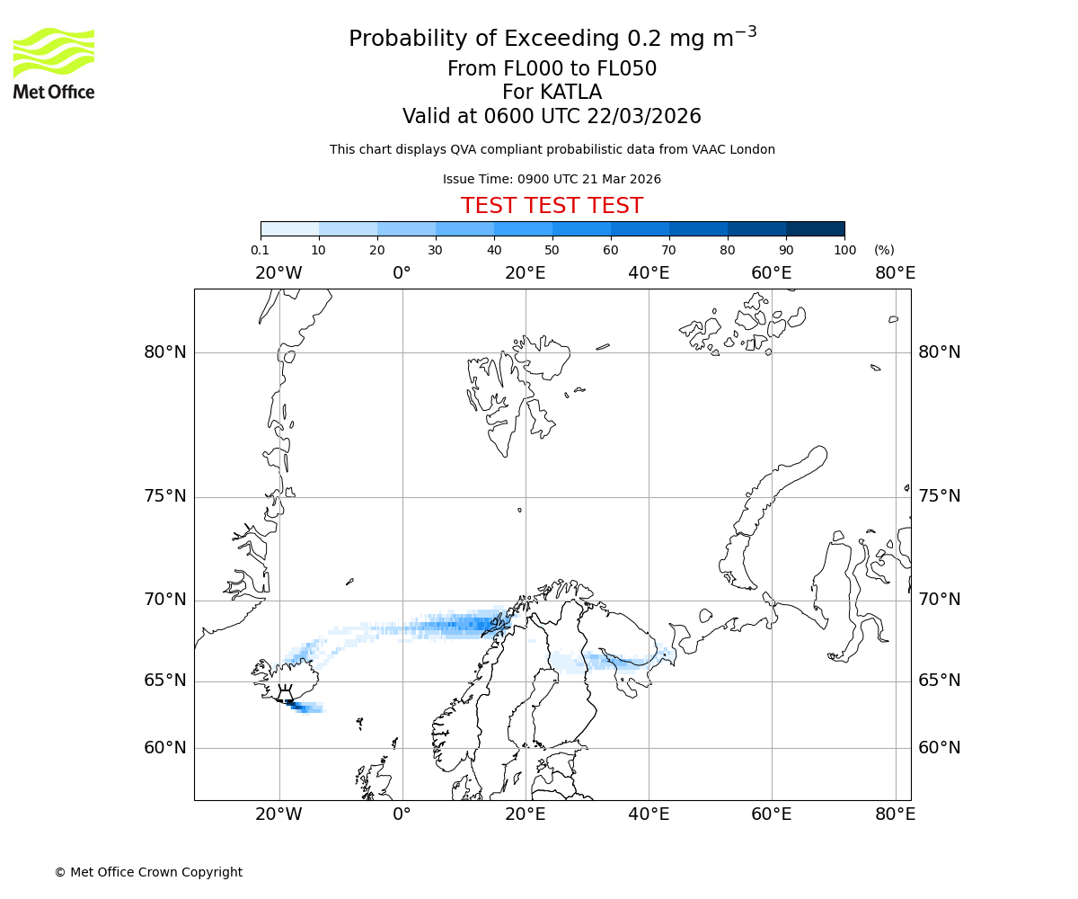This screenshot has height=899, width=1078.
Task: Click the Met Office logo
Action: [x=54, y=63]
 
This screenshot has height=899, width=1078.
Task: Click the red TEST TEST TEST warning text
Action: [x=552, y=206]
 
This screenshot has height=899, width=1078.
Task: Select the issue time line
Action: [x=552, y=180]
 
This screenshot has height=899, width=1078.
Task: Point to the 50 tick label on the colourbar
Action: [x=552, y=250]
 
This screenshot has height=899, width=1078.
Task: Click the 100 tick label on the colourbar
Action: [x=844, y=250]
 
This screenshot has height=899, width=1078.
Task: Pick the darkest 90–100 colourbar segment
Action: [x=815, y=228]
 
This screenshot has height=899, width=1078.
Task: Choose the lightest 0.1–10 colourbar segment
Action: [x=289, y=228]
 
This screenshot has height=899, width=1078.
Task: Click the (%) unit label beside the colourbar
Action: [x=884, y=250]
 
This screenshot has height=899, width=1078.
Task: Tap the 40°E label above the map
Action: [x=649, y=273]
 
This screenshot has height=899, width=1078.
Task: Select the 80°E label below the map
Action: [x=895, y=814]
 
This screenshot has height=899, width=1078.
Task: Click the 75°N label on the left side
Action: [x=165, y=496]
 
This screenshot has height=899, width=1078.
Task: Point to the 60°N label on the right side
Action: [x=939, y=747]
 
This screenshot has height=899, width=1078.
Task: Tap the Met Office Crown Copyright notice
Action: [x=148, y=872]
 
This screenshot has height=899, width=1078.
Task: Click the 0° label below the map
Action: [x=402, y=814]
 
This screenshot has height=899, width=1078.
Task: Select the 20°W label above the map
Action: [x=278, y=273]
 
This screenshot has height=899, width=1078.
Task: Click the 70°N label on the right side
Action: [x=939, y=600]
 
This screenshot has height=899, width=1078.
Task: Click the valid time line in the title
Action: [x=552, y=117]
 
